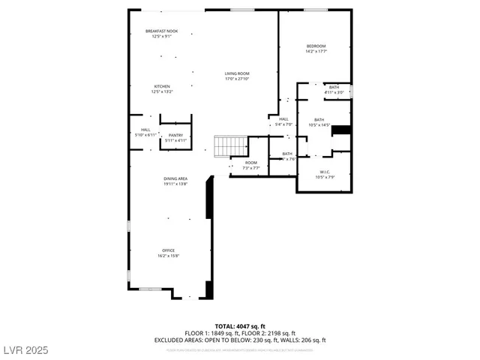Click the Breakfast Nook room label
point(162,31)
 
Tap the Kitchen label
point(162,86)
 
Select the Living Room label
point(236,73)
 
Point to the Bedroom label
point(316,46)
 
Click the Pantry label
point(175,135)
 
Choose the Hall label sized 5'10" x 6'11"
point(145,130)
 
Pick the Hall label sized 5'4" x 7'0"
point(283,119)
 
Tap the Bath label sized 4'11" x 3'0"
point(334,87)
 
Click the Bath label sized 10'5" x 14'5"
point(319,120)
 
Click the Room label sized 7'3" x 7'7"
point(250,163)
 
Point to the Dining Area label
point(175,178)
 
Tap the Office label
point(168,250)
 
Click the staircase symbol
point(230,145)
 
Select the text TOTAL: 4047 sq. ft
point(240,326)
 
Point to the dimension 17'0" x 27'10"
point(236,79)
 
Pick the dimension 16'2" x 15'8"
point(168,256)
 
